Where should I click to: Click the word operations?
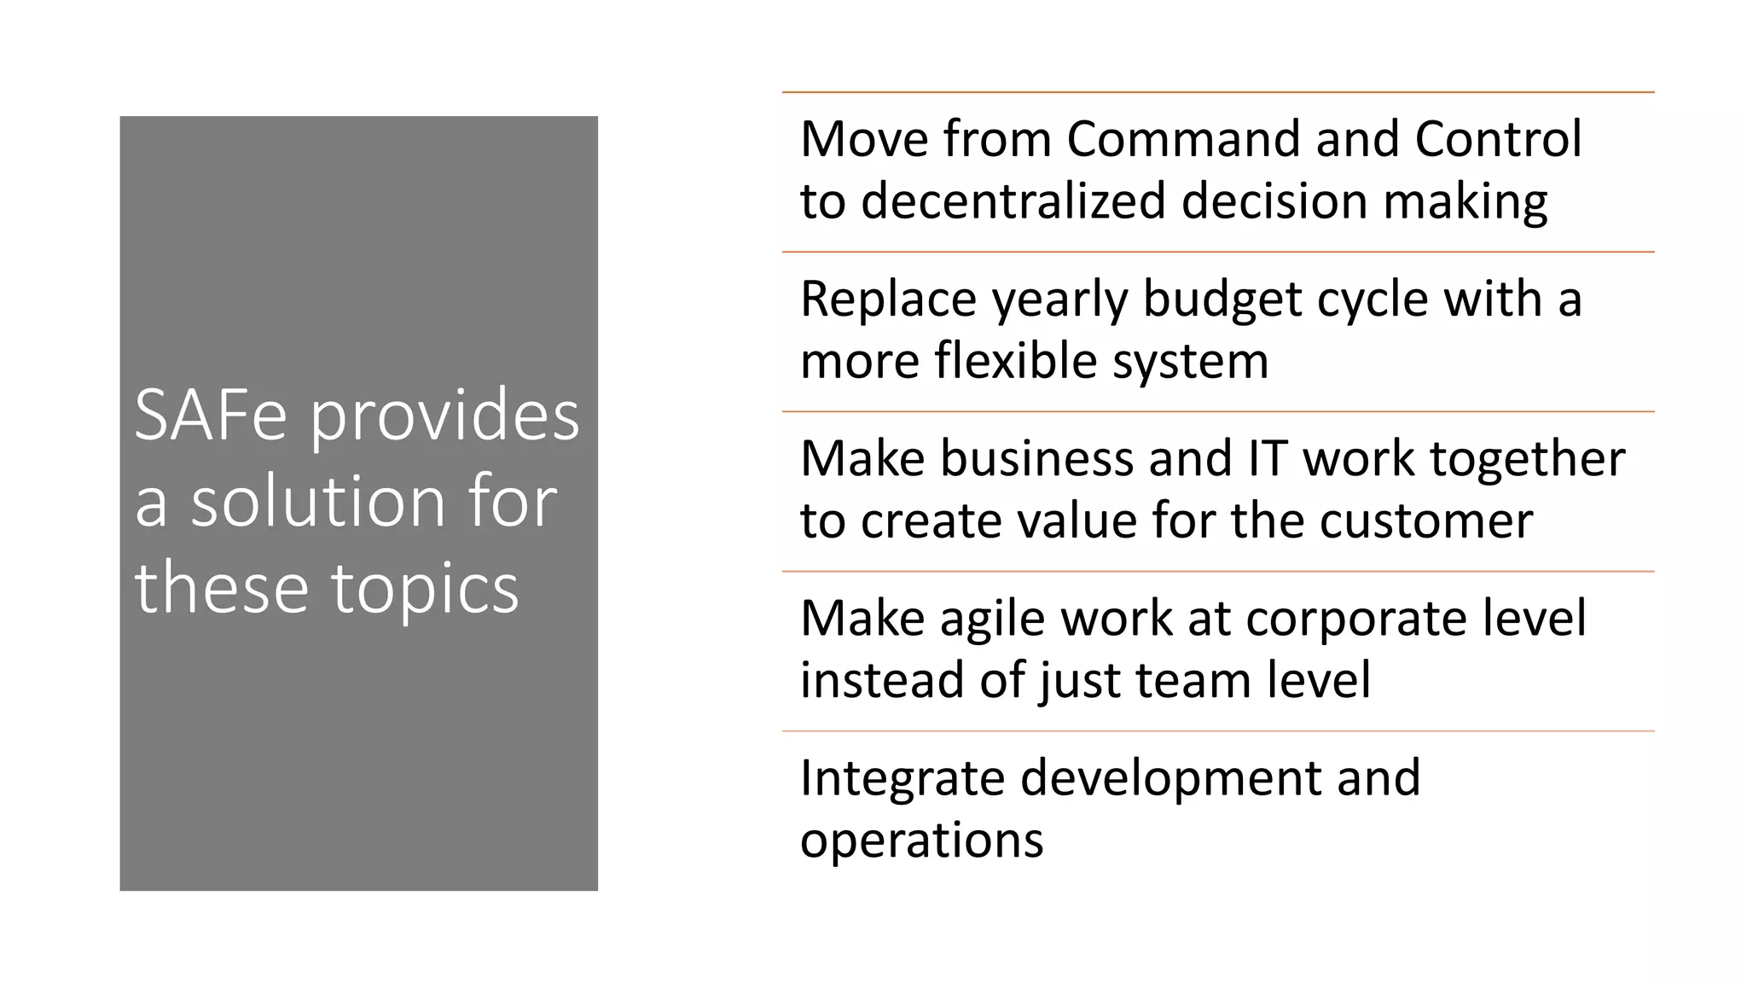coord(921,840)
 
